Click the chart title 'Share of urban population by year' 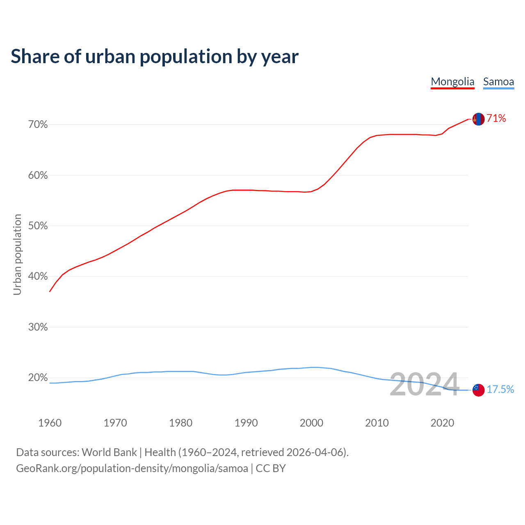click(155, 57)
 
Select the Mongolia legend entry click(452, 82)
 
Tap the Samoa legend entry click(498, 82)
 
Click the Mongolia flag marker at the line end click(478, 119)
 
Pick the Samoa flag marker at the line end click(478, 390)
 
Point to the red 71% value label click(496, 119)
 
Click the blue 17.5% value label click(500, 389)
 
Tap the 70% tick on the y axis click(38, 124)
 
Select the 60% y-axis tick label click(38, 175)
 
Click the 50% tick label click(38, 226)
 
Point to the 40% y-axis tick click(38, 276)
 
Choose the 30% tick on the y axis click(38, 327)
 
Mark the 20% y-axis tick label click(38, 377)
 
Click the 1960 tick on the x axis click(50, 423)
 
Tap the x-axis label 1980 click(181, 423)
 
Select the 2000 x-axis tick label click(312, 423)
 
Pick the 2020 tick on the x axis click(442, 423)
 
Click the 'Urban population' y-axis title click(17, 254)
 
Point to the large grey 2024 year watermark click(424, 385)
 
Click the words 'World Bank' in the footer click(109, 452)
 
